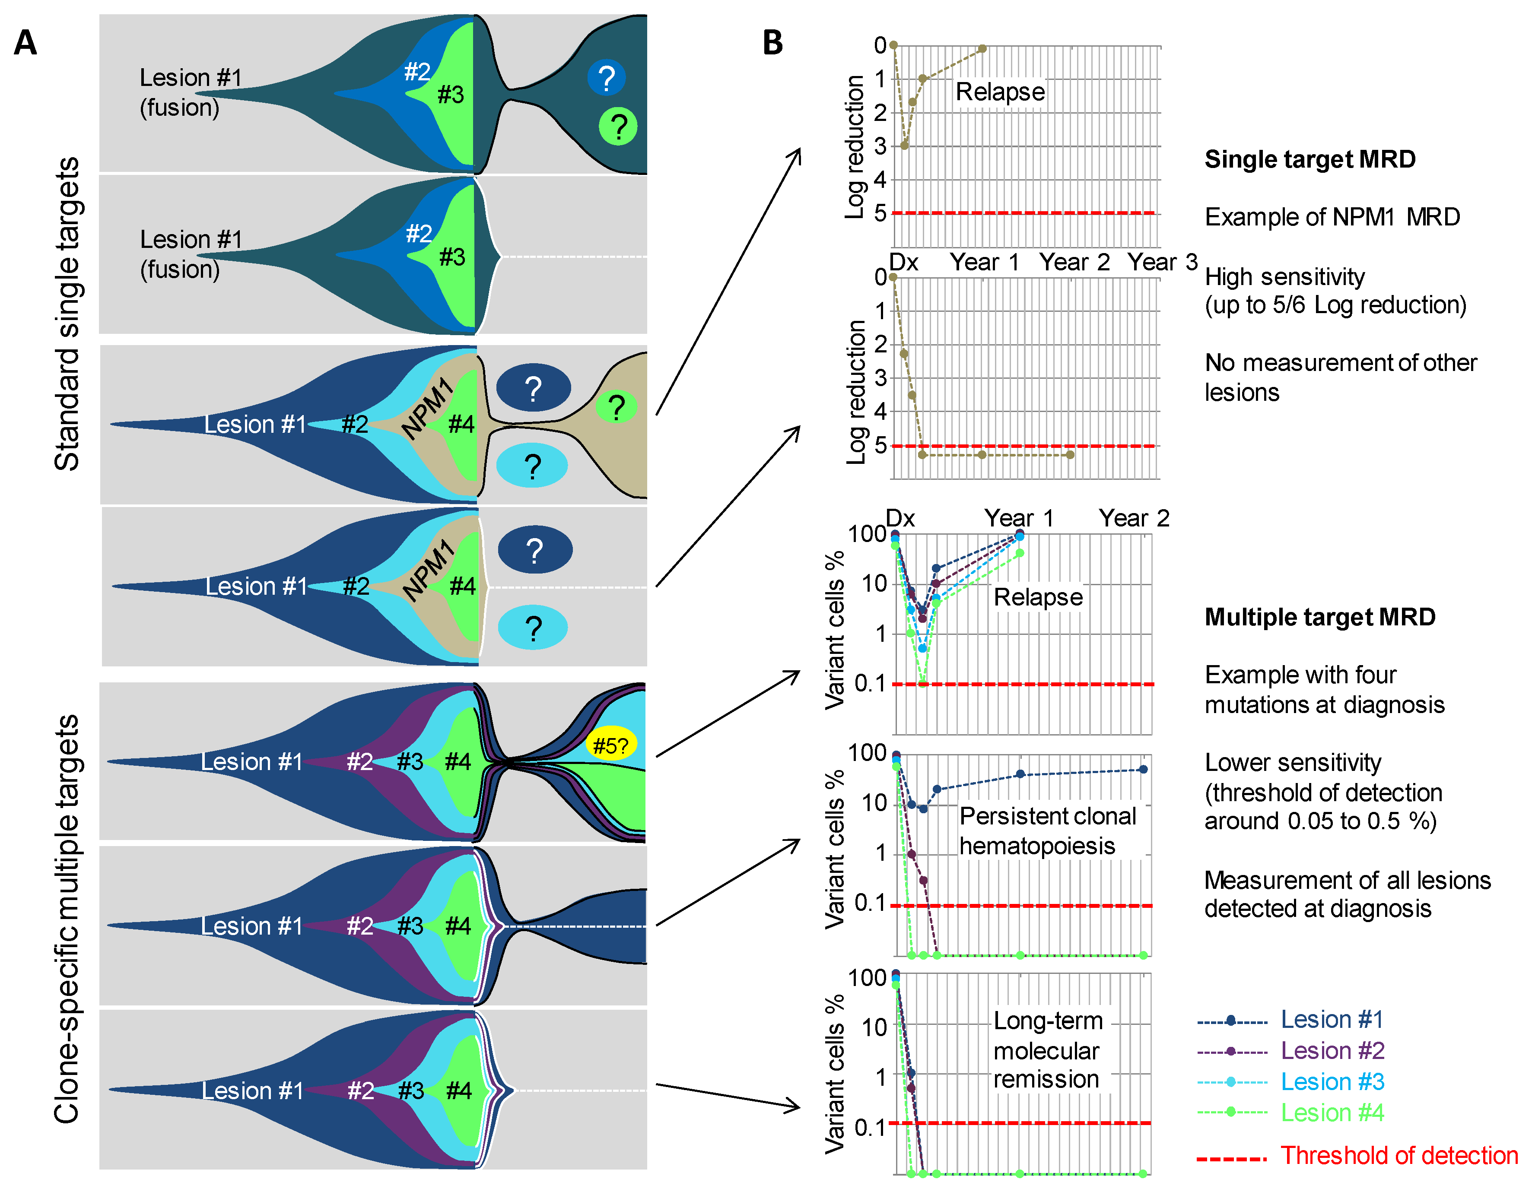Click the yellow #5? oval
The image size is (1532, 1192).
pyautogui.click(x=610, y=745)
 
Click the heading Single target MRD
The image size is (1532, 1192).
pyautogui.click(x=1310, y=159)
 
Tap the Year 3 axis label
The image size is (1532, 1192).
pyautogui.click(x=1162, y=262)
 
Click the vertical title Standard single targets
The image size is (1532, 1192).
pyautogui.click(x=68, y=314)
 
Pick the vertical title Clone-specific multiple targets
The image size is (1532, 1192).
pyautogui.click(x=68, y=919)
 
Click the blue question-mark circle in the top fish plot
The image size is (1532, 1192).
pyautogui.click(x=606, y=77)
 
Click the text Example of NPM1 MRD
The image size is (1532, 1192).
pyautogui.click(x=1332, y=217)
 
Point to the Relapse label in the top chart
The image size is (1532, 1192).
pyautogui.click(x=1000, y=92)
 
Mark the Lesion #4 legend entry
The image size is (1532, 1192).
pyautogui.click(x=1332, y=1113)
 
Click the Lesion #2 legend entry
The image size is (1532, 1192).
pyautogui.click(x=1332, y=1050)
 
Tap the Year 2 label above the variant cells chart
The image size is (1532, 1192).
pyautogui.click(x=1134, y=518)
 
